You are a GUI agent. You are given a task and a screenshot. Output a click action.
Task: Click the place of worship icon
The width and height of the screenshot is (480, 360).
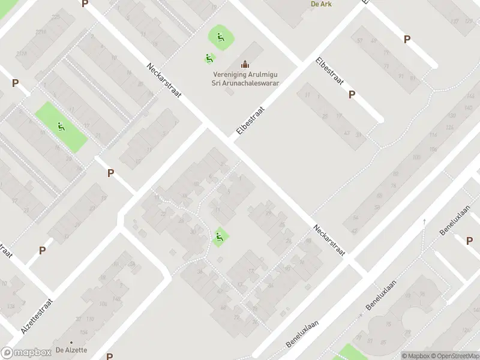point(244,64)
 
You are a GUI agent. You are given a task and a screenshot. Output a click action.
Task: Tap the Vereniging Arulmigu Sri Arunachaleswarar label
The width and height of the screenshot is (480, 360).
point(246,79)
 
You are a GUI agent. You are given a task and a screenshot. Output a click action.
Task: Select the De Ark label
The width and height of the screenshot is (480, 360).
point(322,4)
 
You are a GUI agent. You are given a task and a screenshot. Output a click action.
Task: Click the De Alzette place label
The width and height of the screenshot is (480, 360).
point(71,350)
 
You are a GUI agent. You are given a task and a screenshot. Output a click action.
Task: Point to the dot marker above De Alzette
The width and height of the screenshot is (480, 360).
point(71,342)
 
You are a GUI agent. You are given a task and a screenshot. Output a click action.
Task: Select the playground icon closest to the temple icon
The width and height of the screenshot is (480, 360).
point(209,58)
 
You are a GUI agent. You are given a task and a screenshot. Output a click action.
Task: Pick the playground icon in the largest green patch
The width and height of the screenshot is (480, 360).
point(61,127)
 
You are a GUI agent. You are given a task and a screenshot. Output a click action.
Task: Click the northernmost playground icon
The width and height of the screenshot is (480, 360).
point(221,37)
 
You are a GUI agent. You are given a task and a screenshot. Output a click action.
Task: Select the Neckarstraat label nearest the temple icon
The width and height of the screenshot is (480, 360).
point(164,82)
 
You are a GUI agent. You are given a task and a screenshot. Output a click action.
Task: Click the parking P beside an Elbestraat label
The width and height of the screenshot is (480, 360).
point(352,94)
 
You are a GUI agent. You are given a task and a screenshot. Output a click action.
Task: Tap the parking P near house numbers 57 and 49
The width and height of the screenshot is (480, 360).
point(407,40)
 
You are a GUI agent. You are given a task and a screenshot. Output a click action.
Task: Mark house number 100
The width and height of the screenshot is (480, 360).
point(416,158)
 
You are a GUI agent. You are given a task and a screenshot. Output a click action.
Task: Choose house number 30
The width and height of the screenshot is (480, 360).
point(192,232)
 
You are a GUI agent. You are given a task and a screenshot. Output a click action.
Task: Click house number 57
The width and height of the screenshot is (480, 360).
point(360,41)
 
